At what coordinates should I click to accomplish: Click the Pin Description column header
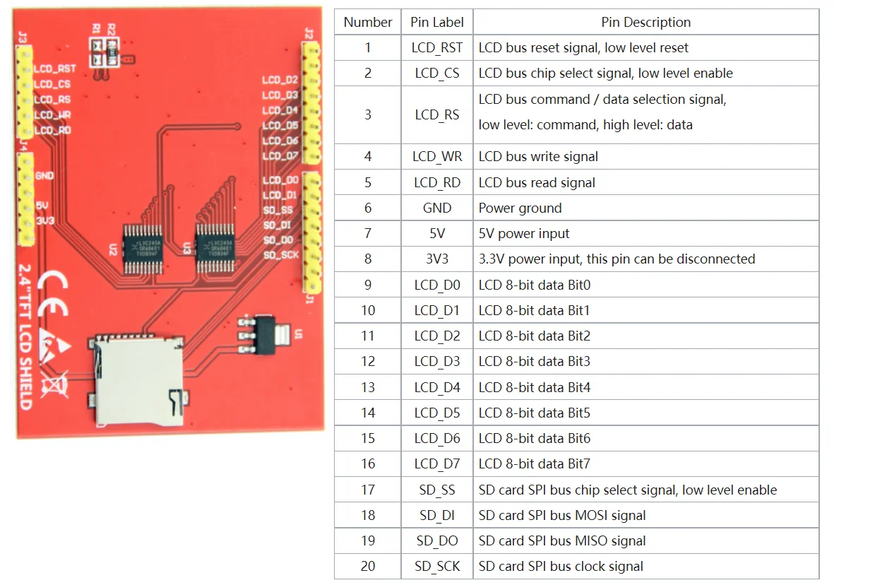click(x=645, y=22)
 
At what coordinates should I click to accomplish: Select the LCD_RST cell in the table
click(x=437, y=48)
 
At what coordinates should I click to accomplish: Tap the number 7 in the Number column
click(x=367, y=234)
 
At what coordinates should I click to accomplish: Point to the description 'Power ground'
click(x=520, y=208)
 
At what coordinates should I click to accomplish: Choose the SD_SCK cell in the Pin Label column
click(x=437, y=567)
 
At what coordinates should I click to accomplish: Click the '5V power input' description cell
click(x=524, y=234)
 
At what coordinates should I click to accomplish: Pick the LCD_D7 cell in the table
click(x=437, y=464)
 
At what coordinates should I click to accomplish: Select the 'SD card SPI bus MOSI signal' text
click(x=562, y=516)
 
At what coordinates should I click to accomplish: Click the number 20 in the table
click(x=367, y=567)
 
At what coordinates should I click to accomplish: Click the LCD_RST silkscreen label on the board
click(x=55, y=69)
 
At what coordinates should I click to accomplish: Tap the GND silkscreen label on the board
click(x=44, y=175)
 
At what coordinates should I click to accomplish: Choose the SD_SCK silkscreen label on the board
click(x=281, y=255)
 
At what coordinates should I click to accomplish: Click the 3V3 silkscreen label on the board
click(x=44, y=220)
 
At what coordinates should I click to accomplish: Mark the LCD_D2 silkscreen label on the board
click(x=280, y=80)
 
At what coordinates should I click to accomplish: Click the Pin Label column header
click(x=437, y=22)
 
